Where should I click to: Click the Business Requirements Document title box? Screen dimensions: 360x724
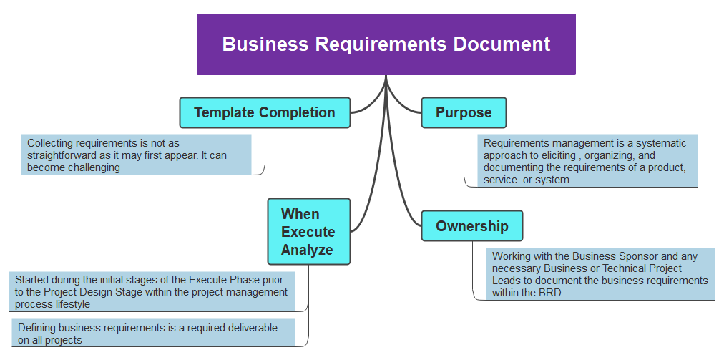[x=386, y=44]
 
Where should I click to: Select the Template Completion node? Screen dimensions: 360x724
[x=265, y=113]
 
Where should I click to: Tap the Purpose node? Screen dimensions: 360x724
[x=464, y=113]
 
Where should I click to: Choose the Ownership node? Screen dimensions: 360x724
[x=472, y=226]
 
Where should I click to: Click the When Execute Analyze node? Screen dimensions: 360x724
[x=308, y=232]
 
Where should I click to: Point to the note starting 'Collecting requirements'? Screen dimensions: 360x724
[x=136, y=155]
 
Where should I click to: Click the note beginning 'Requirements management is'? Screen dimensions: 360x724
[x=587, y=161]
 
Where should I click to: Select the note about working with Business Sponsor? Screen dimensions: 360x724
[x=601, y=274]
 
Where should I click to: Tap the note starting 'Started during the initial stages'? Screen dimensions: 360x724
[x=152, y=292]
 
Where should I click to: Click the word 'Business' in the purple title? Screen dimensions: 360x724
[x=265, y=44]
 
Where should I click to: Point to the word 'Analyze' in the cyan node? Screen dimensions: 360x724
[x=307, y=250]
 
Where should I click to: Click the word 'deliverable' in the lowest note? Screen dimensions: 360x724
[x=252, y=328]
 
